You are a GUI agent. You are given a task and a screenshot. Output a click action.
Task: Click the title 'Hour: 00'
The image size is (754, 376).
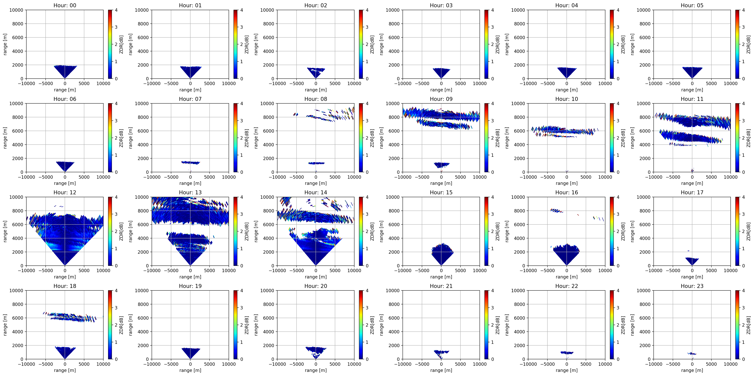tap(65, 5)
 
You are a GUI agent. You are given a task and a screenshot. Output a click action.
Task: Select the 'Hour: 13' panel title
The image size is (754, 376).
tap(190, 192)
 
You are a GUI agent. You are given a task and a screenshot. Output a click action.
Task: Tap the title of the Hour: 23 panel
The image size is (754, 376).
tap(692, 286)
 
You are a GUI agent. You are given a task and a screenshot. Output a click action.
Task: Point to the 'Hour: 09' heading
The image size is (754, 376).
tap(441, 99)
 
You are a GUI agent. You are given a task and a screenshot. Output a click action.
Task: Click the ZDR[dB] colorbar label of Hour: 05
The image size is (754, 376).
tap(748, 45)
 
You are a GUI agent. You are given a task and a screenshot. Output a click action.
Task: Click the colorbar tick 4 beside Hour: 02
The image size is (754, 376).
tap(367, 10)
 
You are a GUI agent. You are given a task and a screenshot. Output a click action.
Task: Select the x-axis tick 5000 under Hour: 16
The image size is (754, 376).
tap(586, 270)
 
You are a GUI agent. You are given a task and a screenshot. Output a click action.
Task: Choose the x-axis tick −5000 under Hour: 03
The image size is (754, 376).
tap(422, 83)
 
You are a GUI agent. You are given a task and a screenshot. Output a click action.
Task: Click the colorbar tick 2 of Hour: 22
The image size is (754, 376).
tap(618, 325)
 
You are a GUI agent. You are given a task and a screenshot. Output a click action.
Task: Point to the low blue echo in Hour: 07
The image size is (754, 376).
tap(190, 163)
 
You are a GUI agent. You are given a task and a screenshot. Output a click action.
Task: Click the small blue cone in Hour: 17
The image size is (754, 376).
tap(692, 261)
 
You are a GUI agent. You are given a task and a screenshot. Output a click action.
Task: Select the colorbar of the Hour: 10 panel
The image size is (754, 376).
tap(612, 138)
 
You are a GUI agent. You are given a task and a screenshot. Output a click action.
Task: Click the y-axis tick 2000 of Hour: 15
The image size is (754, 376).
tap(394, 252)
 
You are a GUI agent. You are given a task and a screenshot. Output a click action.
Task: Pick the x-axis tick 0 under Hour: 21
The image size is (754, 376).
tap(441, 364)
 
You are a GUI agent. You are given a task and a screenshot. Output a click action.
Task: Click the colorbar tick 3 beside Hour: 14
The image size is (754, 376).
tap(367, 214)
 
